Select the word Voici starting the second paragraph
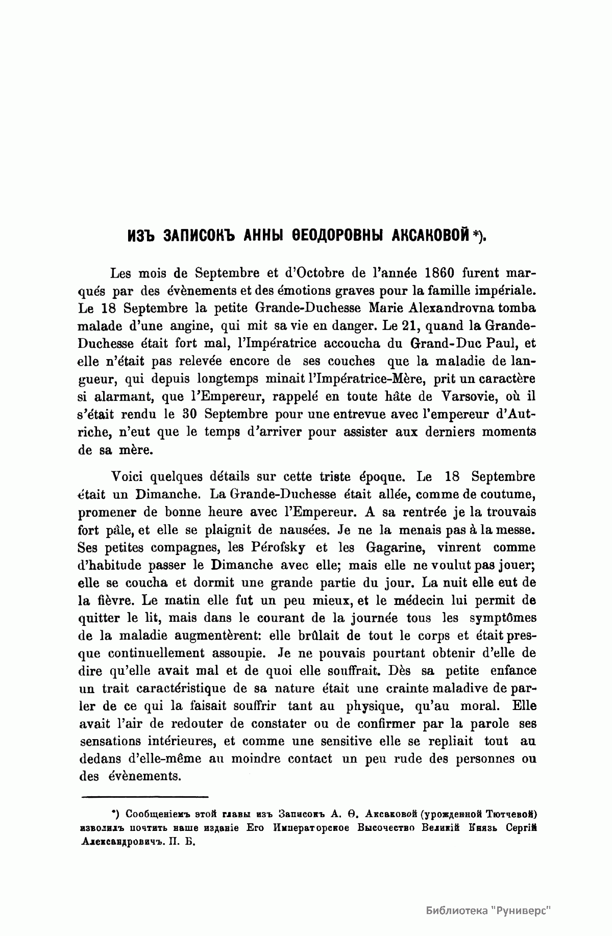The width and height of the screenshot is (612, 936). click(128, 477)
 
